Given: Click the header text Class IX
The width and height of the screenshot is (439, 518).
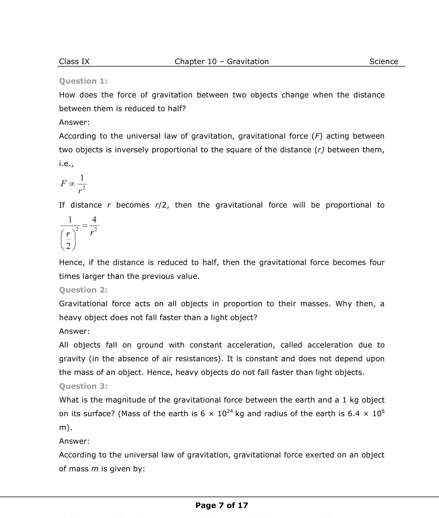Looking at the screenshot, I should [74, 62].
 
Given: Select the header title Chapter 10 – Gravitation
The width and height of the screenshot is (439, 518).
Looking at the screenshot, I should [221, 62].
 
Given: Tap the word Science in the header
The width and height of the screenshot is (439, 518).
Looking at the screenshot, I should [383, 62].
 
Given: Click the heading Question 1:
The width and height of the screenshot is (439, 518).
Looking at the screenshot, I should [83, 81].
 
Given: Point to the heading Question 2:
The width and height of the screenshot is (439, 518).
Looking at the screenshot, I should [83, 290].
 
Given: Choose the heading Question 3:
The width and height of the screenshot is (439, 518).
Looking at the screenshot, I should [83, 386].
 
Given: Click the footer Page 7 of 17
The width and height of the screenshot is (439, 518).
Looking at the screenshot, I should [221, 505].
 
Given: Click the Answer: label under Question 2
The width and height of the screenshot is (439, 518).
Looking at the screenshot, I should [74, 331].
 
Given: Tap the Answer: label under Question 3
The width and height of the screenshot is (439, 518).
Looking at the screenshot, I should [74, 441].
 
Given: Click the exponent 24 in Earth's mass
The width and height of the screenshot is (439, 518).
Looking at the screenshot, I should [230, 411].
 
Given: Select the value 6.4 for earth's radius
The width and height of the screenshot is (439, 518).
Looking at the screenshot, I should [354, 414].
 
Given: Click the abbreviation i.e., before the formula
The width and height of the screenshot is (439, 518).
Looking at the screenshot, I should [66, 164].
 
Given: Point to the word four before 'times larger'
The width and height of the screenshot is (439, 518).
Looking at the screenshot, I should [377, 263].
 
